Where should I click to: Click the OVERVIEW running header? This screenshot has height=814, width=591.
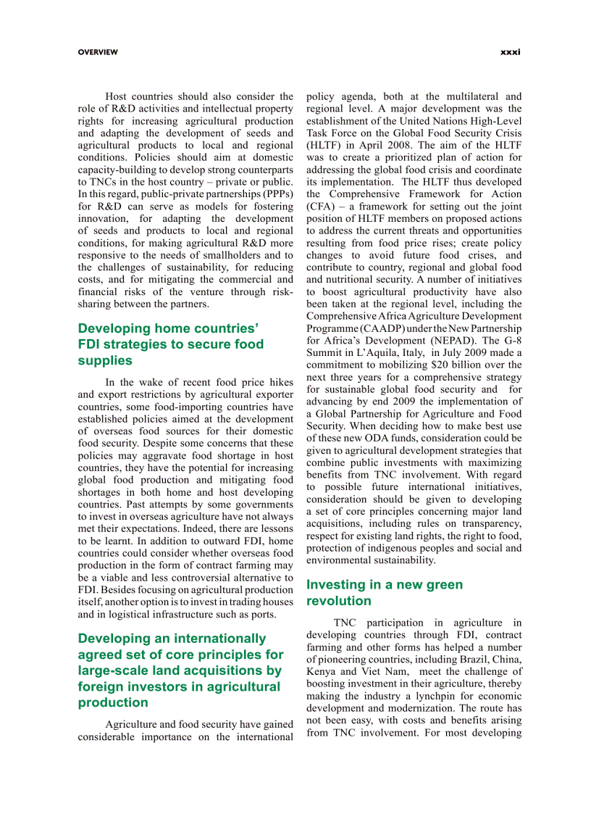pyautogui.click(x=98, y=52)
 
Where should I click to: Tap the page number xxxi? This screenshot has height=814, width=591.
pyautogui.click(x=511, y=52)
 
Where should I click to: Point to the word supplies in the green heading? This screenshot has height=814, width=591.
pyautogui.click(x=105, y=360)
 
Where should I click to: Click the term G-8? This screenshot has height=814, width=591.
pyautogui.click(x=510, y=340)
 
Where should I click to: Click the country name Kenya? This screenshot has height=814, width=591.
pyautogui.click(x=321, y=671)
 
